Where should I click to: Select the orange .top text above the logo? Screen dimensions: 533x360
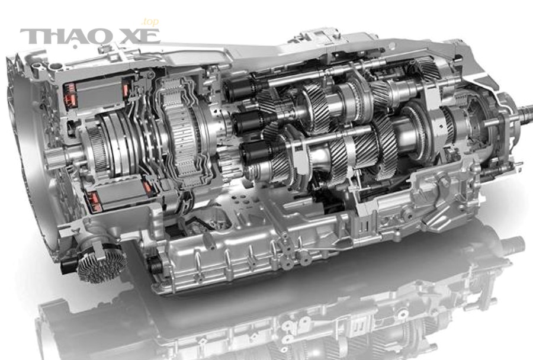(150, 22)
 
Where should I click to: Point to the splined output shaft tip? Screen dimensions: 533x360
(525, 114)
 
